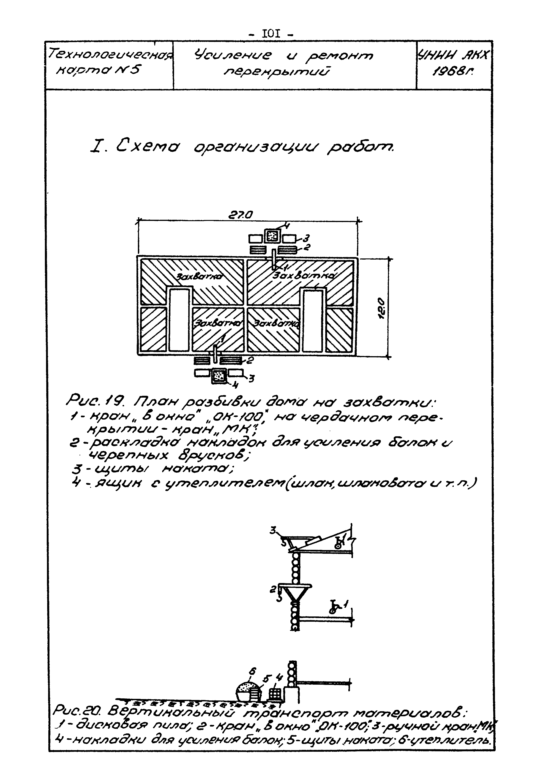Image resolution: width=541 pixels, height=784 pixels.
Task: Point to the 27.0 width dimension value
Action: [x=241, y=215]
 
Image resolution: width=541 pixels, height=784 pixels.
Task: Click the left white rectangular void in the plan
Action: [x=179, y=320]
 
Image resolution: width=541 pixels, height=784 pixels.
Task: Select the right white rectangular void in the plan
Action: [x=313, y=320]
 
